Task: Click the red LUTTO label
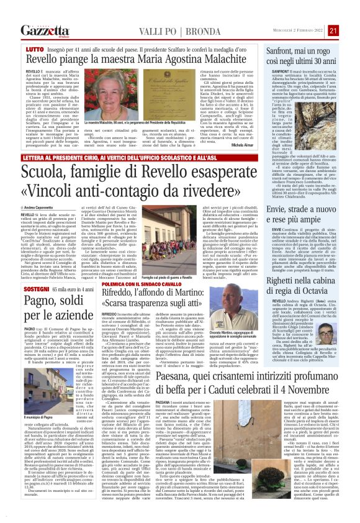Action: pyautogui.click(x=35, y=48)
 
